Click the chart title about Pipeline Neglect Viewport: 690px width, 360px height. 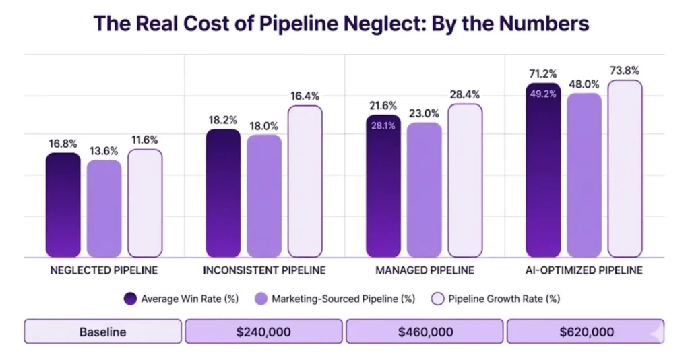coord(341,23)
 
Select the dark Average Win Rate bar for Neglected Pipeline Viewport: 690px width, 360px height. coord(63,205)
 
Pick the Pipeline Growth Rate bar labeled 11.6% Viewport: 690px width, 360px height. coord(145,203)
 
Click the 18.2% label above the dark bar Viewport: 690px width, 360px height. coord(223,119)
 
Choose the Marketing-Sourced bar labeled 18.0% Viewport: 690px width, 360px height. coord(264,196)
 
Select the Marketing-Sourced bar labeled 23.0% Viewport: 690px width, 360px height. coord(425,189)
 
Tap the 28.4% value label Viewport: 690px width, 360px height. coord(465,94)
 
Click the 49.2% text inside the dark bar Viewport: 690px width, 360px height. coord(543,94)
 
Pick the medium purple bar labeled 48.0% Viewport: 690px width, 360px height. coord(584,175)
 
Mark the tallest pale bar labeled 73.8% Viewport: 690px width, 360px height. coord(625,168)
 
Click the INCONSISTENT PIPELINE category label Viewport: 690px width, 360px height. coord(264,270)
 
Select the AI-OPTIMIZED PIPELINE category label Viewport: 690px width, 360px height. coord(584,270)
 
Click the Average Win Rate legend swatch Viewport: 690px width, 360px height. coord(131,298)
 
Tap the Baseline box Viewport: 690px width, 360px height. coord(102,332)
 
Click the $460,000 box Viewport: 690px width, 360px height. coord(425,332)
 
